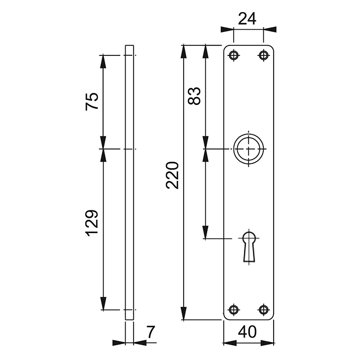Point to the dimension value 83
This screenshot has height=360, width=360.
(194, 96)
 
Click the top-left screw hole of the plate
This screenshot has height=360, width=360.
(233, 55)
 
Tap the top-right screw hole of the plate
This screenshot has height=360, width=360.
(263, 55)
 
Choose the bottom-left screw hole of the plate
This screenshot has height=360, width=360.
(233, 309)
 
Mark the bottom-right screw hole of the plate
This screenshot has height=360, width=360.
(263, 309)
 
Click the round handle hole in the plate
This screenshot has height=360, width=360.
(248, 149)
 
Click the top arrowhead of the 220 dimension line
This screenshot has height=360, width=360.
(184, 51)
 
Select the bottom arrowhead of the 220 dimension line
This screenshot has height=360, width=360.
(184, 313)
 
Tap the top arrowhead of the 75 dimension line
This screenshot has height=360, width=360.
(103, 61)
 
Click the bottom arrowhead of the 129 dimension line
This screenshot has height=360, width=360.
(103, 304)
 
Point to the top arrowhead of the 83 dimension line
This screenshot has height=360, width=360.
(206, 51)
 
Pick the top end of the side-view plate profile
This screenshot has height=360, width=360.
(129, 46)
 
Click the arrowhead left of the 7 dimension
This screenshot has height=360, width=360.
(119, 342)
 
